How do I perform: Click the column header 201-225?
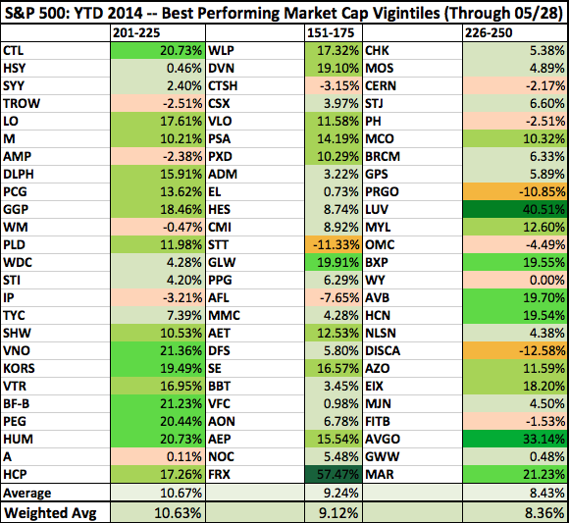coord(136,33)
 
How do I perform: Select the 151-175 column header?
coord(331,33)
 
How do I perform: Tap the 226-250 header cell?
coord(489,33)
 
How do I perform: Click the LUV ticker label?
coord(377,209)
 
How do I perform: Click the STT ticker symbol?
coord(218,244)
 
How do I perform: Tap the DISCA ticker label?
coord(383,350)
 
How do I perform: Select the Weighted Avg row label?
coord(50,513)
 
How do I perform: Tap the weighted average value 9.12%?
coord(338,513)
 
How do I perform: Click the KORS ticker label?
coord(19,368)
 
